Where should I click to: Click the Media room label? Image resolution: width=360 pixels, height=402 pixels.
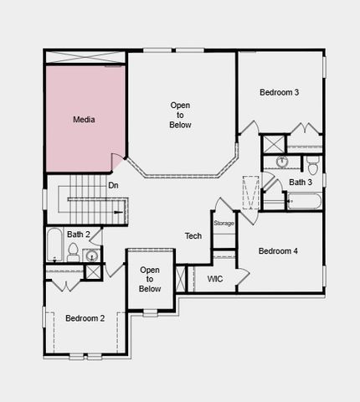[x=84, y=120]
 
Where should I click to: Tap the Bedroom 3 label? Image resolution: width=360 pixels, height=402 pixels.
[x=279, y=92]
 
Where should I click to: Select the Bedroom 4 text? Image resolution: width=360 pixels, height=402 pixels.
[x=279, y=251]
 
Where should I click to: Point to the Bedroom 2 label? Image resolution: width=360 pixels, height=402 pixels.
[x=85, y=318]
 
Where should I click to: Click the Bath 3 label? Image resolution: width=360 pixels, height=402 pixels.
[x=301, y=182]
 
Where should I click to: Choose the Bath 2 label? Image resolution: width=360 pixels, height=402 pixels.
[x=79, y=234]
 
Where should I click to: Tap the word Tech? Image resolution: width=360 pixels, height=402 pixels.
[x=193, y=236]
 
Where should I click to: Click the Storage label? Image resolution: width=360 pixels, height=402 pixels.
[x=224, y=223]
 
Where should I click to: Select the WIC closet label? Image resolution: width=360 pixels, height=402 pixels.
[x=214, y=278]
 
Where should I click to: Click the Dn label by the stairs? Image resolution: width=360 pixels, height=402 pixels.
[x=113, y=186]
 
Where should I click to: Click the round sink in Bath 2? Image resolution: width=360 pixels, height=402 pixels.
[x=92, y=255]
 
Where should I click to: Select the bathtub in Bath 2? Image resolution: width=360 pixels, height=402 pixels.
[x=54, y=244]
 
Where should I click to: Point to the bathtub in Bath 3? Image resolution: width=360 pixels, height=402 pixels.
[x=303, y=201]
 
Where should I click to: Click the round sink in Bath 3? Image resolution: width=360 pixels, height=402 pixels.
[x=282, y=161]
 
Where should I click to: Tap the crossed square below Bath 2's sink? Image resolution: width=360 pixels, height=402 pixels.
[x=93, y=271]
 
